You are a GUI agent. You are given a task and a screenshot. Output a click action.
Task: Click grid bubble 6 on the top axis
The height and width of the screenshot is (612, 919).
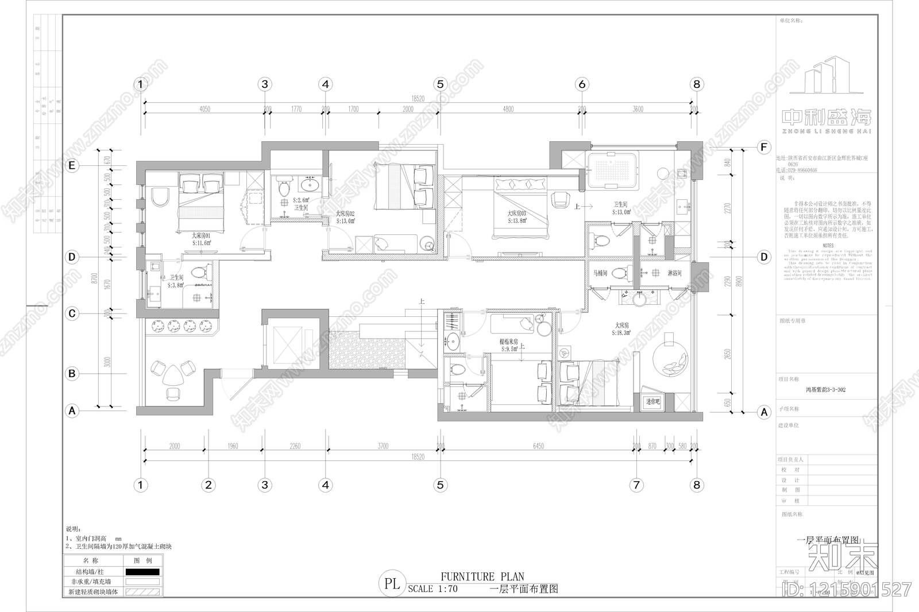coord(582,84)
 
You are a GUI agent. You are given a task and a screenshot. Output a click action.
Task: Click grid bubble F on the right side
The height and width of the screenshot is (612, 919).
coord(763,148)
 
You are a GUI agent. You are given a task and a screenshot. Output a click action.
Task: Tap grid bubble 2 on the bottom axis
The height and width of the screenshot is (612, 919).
coord(208,485)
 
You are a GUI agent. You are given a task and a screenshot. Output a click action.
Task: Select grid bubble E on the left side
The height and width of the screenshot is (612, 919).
coord(72,166)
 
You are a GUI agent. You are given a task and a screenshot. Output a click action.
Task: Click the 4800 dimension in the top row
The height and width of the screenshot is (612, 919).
coord(508,109)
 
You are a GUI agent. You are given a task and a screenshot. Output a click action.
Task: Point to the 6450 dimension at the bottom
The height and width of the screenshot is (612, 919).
coord(538,446)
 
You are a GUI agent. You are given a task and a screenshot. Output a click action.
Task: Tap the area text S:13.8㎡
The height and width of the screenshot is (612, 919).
coord(517,220)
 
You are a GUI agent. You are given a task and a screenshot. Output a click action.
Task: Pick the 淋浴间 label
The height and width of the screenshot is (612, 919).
coord(675,273)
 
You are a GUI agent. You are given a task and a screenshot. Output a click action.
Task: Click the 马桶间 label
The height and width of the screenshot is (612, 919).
coord(600,273)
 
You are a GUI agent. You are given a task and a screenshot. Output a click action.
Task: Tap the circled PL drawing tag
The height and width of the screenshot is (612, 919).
coord(392,584)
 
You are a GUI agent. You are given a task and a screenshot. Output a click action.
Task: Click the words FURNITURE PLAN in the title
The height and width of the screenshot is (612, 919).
coord(482,576)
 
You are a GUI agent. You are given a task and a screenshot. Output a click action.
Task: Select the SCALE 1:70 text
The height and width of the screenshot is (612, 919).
coord(433,589)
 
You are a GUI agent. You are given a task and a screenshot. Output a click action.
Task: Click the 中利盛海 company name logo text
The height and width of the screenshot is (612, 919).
coord(827,118)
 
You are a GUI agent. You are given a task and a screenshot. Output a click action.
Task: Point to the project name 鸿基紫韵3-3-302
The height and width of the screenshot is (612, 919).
coord(825,390)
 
